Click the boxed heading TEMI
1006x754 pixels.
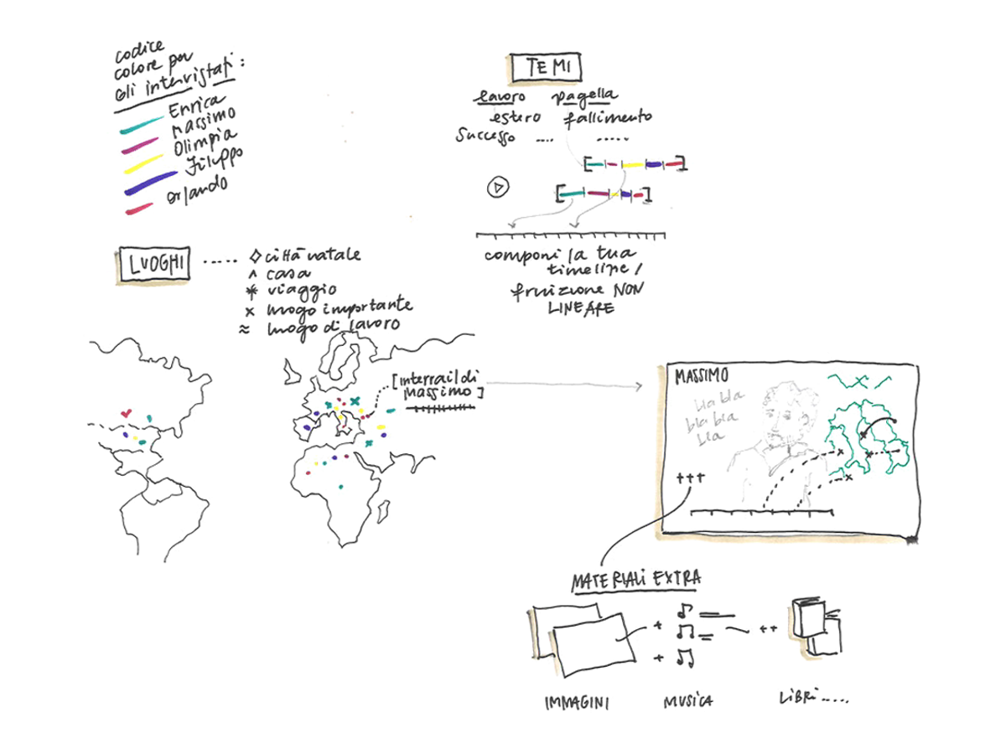tap(544, 68)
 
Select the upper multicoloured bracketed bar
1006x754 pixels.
tap(635, 164)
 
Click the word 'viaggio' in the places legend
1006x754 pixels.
tap(293, 289)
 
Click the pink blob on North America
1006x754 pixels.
tap(127, 412)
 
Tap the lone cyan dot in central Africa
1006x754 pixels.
tap(341, 487)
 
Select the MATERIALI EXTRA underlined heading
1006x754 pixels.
tap(636, 579)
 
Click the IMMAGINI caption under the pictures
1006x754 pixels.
tap(577, 701)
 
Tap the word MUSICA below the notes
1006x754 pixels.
tap(687, 700)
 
